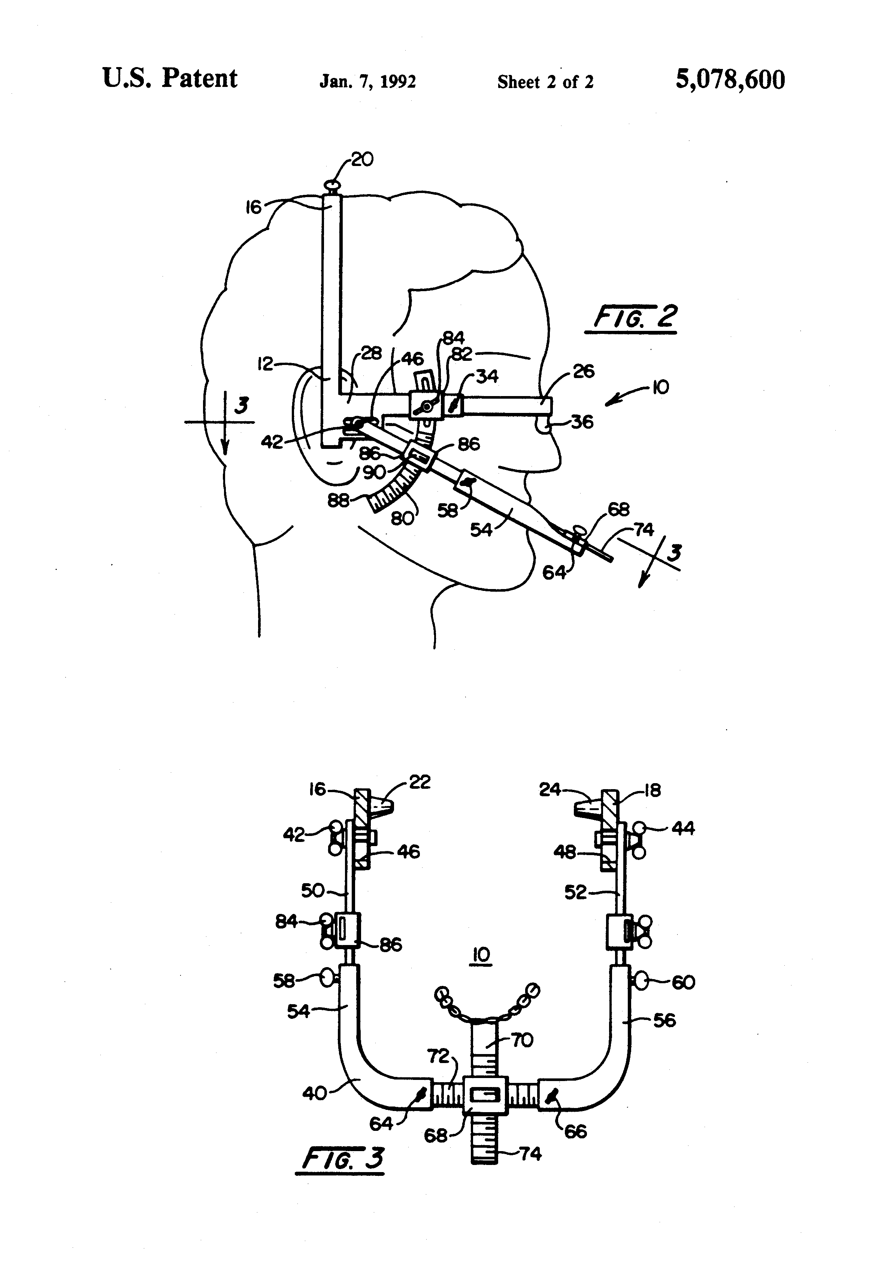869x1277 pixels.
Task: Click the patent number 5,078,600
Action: (730, 80)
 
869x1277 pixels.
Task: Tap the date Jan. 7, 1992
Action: (367, 82)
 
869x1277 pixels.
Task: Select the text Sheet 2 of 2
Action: (545, 82)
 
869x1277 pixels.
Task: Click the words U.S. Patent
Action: (170, 79)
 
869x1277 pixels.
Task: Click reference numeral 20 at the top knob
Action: (362, 159)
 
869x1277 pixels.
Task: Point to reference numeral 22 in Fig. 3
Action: (420, 782)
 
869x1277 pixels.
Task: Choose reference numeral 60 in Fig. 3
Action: (683, 982)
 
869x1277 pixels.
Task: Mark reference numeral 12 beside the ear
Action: (266, 364)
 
